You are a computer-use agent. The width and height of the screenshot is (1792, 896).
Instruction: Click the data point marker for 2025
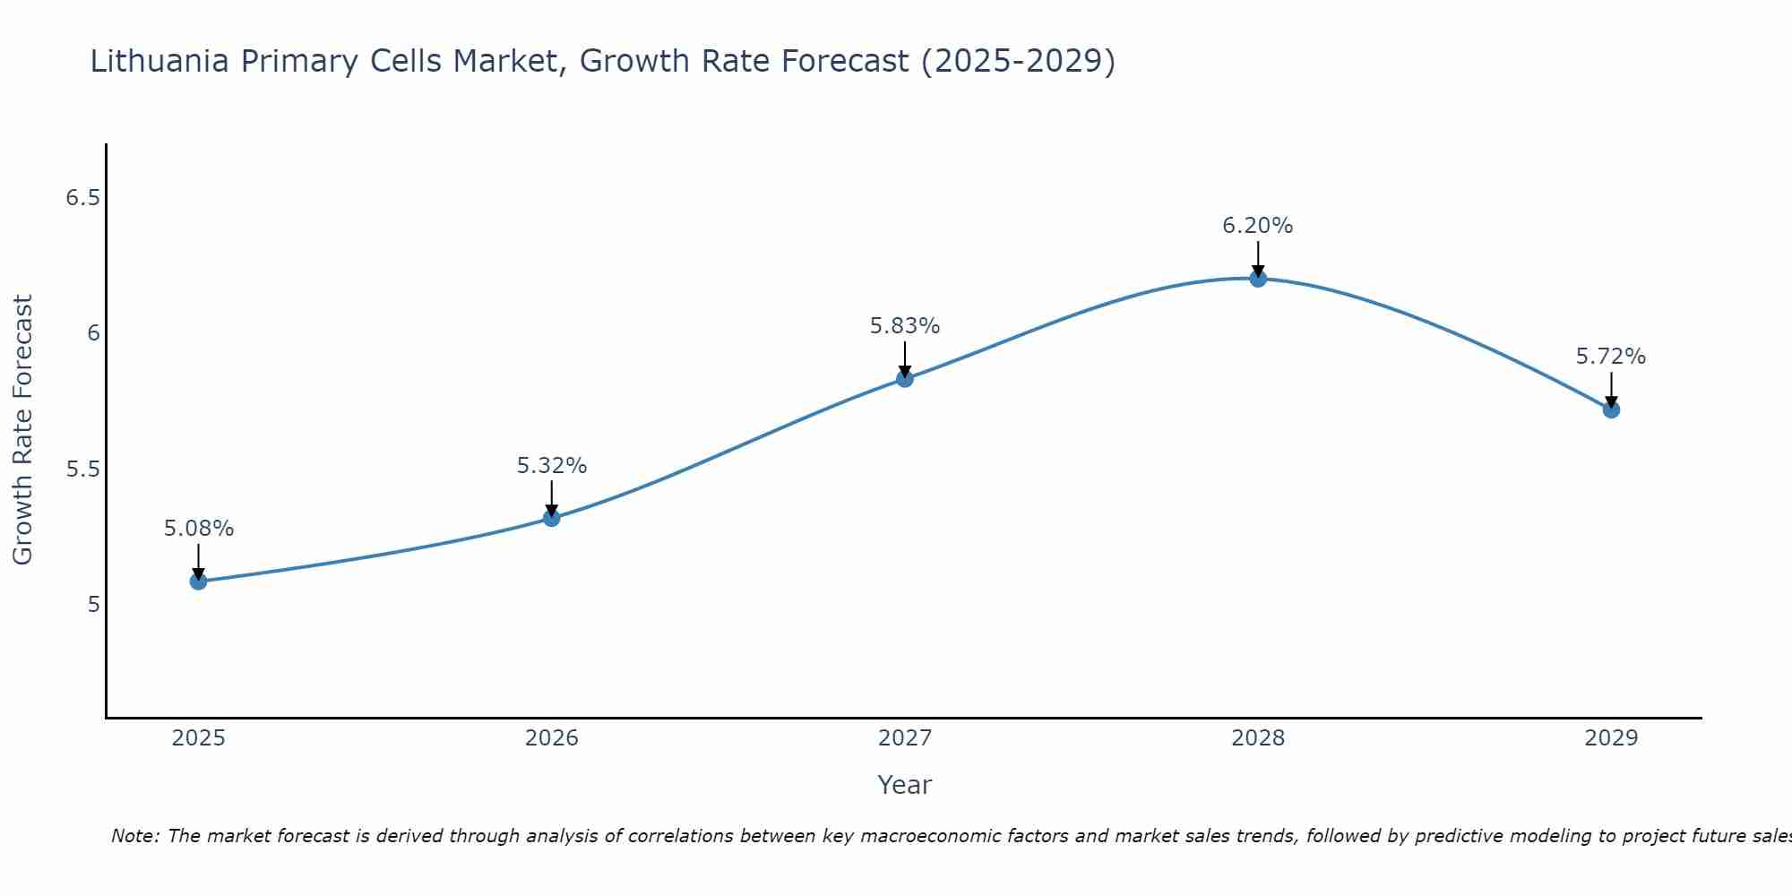(198, 582)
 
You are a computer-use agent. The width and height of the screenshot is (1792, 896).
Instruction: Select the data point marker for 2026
(551, 518)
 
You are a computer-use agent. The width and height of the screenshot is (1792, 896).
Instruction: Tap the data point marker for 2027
(904, 379)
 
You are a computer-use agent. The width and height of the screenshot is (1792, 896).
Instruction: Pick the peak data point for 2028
(1257, 279)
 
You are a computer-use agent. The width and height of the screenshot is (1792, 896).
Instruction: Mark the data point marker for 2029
(1610, 409)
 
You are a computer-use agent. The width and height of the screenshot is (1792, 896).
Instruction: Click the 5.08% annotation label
(198, 529)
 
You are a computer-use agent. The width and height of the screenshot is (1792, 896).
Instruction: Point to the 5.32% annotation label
(551, 466)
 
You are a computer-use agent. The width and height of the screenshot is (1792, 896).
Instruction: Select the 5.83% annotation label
(904, 326)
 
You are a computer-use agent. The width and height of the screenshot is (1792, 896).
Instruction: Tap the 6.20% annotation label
(1257, 226)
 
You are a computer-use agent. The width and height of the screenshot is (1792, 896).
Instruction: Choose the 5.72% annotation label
(1610, 357)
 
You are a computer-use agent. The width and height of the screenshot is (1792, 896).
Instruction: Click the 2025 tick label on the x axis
(198, 738)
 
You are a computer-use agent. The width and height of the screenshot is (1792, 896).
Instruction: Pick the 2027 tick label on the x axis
(904, 738)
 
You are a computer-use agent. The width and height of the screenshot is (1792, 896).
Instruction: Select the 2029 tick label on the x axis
(1610, 738)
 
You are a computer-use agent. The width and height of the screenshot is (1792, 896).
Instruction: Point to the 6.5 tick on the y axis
(82, 198)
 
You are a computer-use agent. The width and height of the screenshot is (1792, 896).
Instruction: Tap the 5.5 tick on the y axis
(82, 470)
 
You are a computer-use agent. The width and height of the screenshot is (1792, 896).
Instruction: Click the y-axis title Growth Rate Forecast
(23, 430)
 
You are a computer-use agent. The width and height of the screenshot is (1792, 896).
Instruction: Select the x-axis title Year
(904, 785)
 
